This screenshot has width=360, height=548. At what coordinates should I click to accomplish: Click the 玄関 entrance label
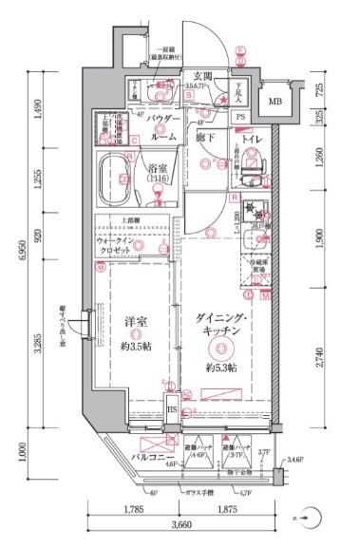click(x=201, y=76)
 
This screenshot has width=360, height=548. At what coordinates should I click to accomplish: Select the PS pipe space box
click(x=240, y=118)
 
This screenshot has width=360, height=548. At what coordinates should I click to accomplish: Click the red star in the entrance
click(x=224, y=99)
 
